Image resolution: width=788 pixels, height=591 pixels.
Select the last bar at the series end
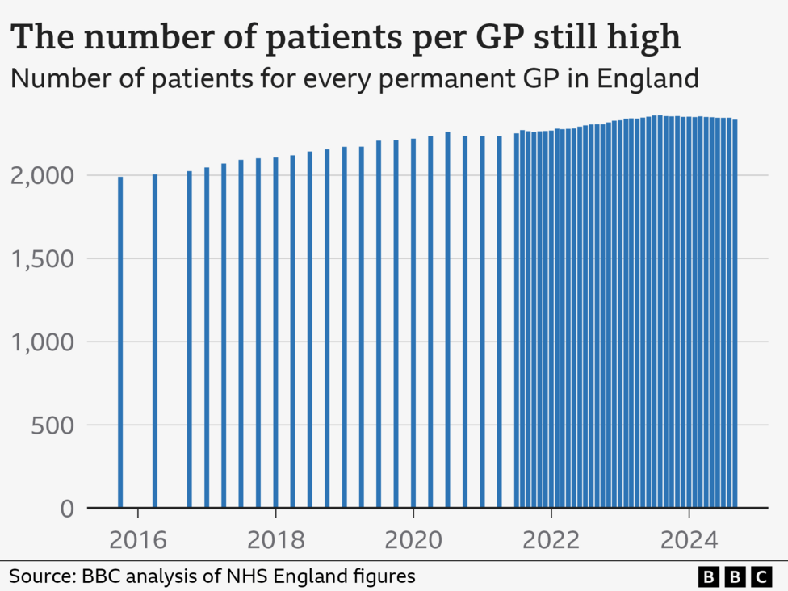[x=735, y=315]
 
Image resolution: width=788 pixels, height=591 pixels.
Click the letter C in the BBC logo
[x=760, y=576]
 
